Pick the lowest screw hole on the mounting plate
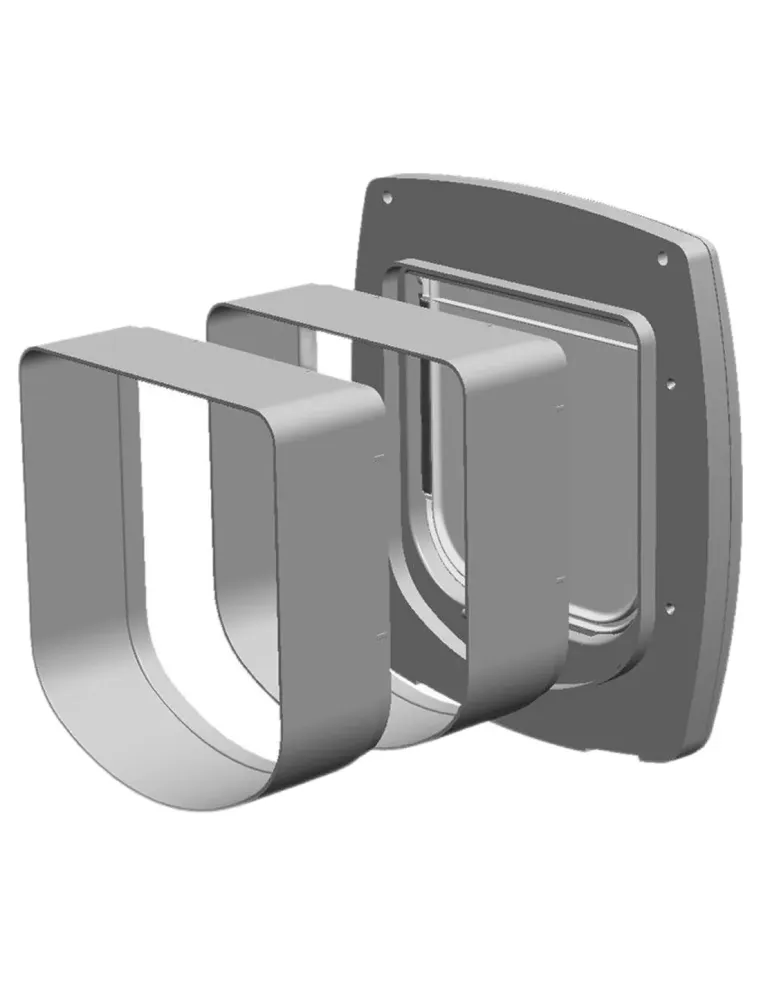coord(668,608)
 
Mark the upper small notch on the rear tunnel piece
coord(559,407)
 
